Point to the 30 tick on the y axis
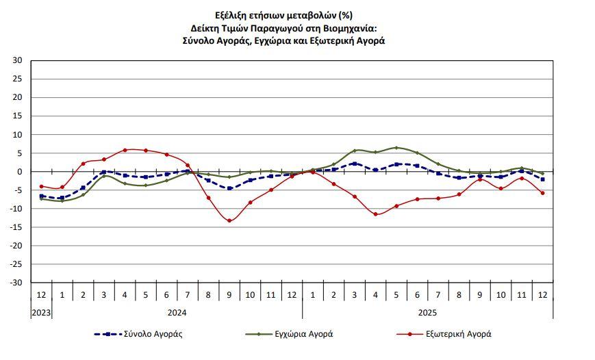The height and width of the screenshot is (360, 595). [x=18, y=60]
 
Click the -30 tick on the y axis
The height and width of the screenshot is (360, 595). [x=16, y=283]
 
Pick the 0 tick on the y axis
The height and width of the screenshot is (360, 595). [x=20, y=172]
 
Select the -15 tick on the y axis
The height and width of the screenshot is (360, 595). [x=16, y=227]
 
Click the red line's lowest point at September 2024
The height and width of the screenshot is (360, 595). [x=229, y=220]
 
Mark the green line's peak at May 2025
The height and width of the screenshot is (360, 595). [x=396, y=148]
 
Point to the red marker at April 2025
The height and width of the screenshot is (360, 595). [x=375, y=214]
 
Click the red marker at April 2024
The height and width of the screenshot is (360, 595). [x=125, y=150]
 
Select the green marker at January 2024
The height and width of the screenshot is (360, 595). [x=62, y=201]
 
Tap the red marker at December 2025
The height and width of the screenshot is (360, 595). [x=542, y=193]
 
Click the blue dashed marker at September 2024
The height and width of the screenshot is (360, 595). [x=229, y=188]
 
